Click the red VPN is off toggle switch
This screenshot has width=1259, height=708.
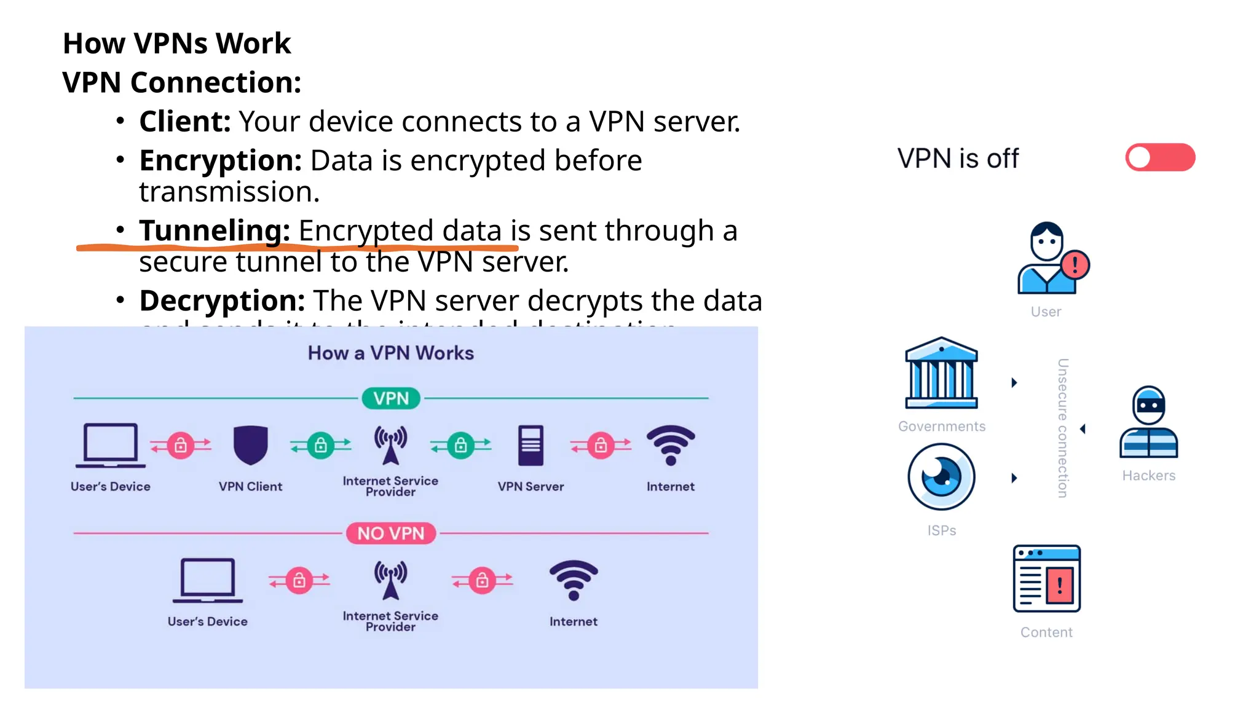(x=1160, y=157)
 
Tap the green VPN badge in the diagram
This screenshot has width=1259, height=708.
(x=391, y=398)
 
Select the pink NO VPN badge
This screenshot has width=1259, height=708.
(x=391, y=533)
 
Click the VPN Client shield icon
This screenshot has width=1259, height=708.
(x=250, y=444)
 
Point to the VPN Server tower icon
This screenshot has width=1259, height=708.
(x=531, y=445)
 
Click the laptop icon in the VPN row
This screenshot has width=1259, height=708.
(x=111, y=445)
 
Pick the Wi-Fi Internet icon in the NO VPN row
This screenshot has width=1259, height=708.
(x=573, y=580)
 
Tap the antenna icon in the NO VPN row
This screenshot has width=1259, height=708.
(x=390, y=580)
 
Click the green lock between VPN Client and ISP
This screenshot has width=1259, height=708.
(x=321, y=445)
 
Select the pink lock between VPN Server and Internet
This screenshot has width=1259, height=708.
(x=601, y=445)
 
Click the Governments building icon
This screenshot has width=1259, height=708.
(x=941, y=373)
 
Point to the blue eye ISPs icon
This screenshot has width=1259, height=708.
(x=941, y=477)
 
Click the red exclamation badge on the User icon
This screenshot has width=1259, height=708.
(x=1075, y=265)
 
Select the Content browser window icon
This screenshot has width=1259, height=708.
(x=1046, y=578)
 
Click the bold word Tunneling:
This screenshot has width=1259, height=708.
(x=215, y=231)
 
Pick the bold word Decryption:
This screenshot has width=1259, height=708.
(x=222, y=301)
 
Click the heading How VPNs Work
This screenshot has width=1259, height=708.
(x=176, y=44)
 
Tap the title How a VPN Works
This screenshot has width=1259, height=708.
(x=391, y=353)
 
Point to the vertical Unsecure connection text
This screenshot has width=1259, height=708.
(x=1062, y=428)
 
